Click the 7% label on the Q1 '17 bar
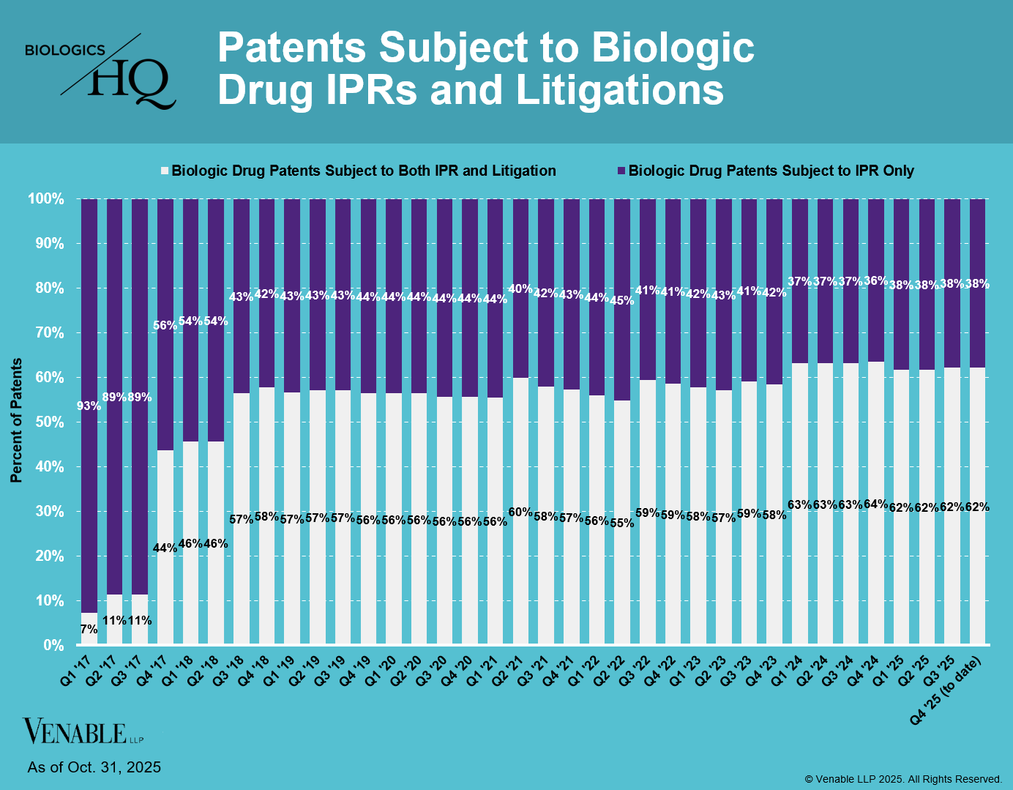(x=89, y=629)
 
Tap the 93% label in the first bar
(x=89, y=406)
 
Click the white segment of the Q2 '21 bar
(x=520, y=571)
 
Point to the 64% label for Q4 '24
(x=876, y=504)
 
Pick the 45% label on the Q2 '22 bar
(x=622, y=299)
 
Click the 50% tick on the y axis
(x=46, y=422)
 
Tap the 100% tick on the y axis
(x=46, y=199)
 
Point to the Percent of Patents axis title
(x=16, y=420)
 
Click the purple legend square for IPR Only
(x=621, y=171)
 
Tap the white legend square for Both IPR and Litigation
(x=165, y=171)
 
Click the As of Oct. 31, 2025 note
(x=94, y=767)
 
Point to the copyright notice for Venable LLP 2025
(x=903, y=779)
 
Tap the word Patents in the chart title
(x=292, y=48)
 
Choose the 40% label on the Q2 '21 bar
(x=520, y=288)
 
